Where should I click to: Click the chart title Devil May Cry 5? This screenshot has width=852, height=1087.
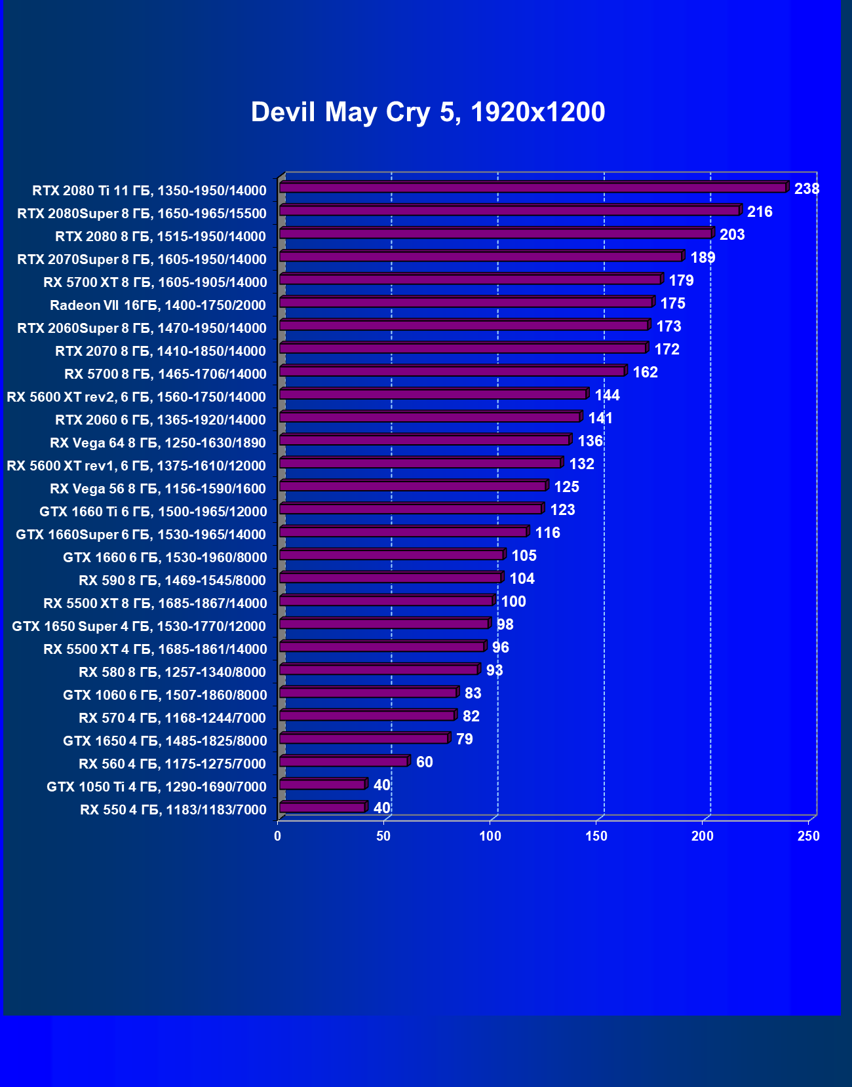pyautogui.click(x=427, y=112)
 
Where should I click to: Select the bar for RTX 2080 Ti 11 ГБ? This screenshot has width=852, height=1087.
pyautogui.click(x=532, y=188)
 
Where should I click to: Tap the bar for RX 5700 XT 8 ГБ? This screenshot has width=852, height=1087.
pyautogui.click(x=470, y=280)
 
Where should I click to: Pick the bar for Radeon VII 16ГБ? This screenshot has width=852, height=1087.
pyautogui.click(x=465, y=303)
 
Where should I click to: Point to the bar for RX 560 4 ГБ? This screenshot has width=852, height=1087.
pyautogui.click(x=343, y=761)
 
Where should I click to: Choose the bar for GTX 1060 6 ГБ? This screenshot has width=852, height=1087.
pyautogui.click(x=368, y=693)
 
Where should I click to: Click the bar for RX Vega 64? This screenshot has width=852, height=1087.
pyautogui.click(x=424, y=440)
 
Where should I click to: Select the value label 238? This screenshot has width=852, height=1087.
pyautogui.click(x=807, y=189)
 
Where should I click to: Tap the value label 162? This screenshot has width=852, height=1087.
pyautogui.click(x=645, y=373)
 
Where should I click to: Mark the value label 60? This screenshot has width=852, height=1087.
pyautogui.click(x=424, y=763)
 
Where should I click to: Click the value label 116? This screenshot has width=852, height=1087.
pyautogui.click(x=547, y=533)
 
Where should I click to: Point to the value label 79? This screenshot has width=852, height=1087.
pyautogui.click(x=464, y=740)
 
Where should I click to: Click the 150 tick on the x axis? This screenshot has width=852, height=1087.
pyautogui.click(x=596, y=837)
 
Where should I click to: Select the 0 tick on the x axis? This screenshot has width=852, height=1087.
pyautogui.click(x=278, y=837)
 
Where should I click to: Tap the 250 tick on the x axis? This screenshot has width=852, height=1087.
pyautogui.click(x=809, y=837)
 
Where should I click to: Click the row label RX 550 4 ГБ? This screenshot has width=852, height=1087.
pyautogui.click(x=173, y=810)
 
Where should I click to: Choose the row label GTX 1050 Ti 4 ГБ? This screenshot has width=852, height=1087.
pyautogui.click(x=157, y=787)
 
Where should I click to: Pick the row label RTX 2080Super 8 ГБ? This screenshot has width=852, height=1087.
pyautogui.click(x=142, y=214)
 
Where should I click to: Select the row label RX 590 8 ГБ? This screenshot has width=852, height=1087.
pyautogui.click(x=172, y=581)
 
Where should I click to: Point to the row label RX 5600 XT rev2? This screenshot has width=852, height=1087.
pyautogui.click(x=136, y=397)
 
